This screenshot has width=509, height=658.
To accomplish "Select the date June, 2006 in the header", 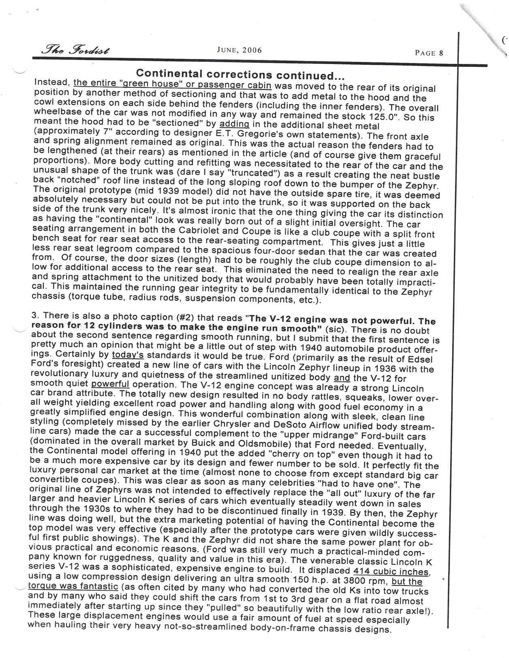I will [x=240, y=50].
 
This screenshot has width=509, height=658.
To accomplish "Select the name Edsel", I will [x=421, y=359].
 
